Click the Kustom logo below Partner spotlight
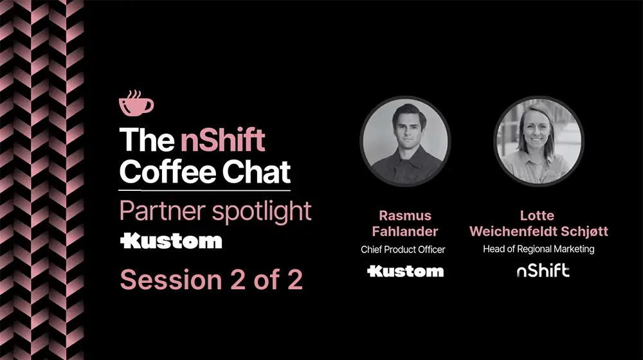click(x=171, y=241)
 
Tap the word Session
click(x=161, y=280)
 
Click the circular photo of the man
click(x=405, y=141)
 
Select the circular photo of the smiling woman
click(x=539, y=141)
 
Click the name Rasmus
click(x=405, y=215)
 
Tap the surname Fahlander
click(x=405, y=231)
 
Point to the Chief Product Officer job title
click(x=403, y=249)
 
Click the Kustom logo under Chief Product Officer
click(x=405, y=271)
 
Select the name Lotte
click(x=537, y=215)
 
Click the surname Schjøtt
click(x=583, y=231)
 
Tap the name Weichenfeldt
click(x=511, y=231)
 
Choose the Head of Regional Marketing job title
click(x=539, y=249)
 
